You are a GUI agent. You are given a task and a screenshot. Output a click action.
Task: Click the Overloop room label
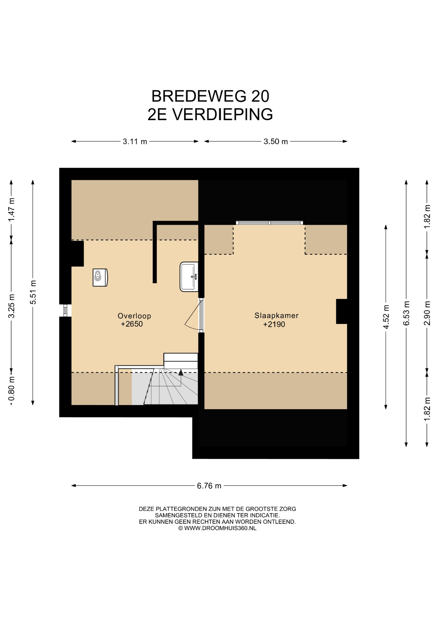pos(134,316)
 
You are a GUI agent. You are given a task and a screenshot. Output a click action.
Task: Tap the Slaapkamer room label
pos(276,316)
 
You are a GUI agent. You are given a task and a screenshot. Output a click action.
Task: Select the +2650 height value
pos(132,324)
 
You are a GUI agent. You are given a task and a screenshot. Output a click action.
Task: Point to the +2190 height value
pos(274,325)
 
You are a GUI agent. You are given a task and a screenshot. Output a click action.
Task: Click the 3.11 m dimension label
pos(135,141)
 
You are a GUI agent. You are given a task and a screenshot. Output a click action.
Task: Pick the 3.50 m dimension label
pos(276,141)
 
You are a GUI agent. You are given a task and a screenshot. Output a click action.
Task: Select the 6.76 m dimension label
pos(209,486)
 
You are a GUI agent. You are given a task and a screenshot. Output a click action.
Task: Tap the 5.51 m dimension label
pos(33,292)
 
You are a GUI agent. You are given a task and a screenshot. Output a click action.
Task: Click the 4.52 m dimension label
pos(386,317)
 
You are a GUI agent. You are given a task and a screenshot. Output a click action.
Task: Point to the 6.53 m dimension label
pos(406,313)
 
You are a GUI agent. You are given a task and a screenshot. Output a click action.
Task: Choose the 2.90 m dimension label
pos(427,313)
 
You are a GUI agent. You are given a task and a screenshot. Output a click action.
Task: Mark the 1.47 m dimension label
pos(11,210)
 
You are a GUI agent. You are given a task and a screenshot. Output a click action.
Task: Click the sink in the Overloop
pos(189,277)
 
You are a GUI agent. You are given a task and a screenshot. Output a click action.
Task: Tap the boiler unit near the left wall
pos(100,277)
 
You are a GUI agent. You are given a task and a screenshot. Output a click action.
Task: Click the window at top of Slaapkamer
pos(270,223)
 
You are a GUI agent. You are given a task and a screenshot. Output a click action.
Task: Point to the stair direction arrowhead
pos(181,372)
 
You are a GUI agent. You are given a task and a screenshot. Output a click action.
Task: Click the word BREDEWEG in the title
pos(194,96)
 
